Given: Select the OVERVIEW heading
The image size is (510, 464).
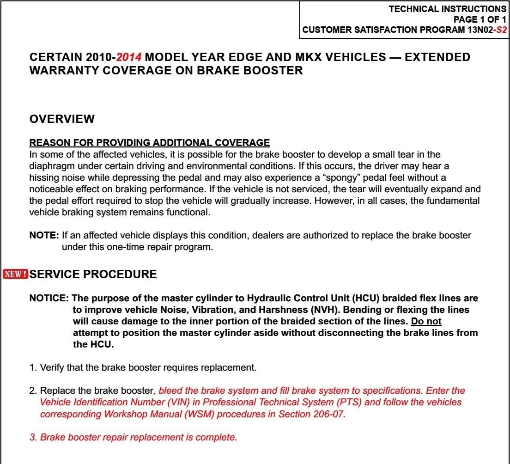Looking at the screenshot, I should coord(62,119).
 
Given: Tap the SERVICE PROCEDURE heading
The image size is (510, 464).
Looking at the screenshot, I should coord(93,275).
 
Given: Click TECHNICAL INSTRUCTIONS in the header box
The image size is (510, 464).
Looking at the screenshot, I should coord(447,9).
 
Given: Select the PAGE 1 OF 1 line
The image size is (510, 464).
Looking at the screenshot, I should coord(480,20).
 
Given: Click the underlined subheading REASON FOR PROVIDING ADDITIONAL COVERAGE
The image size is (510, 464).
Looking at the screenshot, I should coord(149,143).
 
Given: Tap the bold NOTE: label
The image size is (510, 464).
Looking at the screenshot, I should coord(44,236).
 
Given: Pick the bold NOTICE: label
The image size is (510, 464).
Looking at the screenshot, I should coord(49,299).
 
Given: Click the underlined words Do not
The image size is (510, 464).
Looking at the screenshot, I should coord(426,321).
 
